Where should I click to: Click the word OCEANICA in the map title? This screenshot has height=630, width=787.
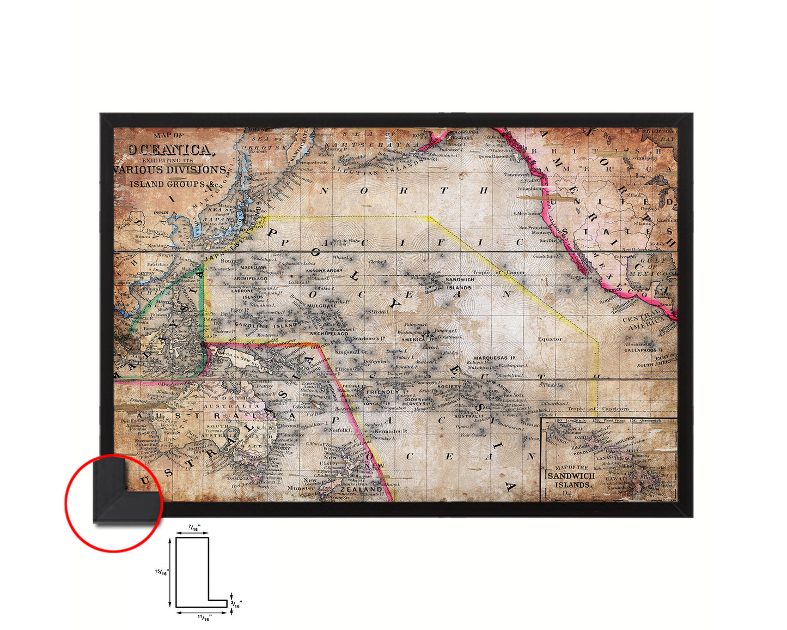coord(168,150)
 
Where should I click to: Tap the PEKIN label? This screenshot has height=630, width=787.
coord(161,213)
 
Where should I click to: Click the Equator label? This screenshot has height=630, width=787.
coord(550,339)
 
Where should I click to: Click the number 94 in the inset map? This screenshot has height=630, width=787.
coord(568,494)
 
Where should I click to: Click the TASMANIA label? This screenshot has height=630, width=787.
coord(237,478)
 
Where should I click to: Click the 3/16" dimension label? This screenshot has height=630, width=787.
coord(237,604)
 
